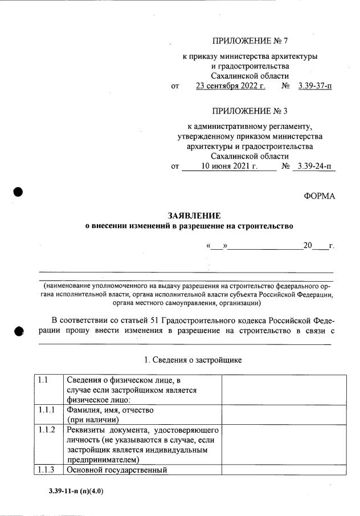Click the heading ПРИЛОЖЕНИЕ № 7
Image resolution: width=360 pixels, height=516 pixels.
250,41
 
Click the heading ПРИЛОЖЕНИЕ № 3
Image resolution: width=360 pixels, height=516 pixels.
250,111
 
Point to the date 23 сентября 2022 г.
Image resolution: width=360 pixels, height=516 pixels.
231,87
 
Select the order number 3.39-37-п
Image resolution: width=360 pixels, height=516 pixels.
314,87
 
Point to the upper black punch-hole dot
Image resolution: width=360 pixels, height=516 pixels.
18,192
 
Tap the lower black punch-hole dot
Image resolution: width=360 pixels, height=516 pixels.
18,331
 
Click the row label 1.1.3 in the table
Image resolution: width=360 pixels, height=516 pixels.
46,470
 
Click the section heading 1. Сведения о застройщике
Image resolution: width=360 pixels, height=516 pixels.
193,360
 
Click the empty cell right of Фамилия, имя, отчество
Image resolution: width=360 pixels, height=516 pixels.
283,415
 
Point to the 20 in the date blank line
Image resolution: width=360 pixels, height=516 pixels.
308,246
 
